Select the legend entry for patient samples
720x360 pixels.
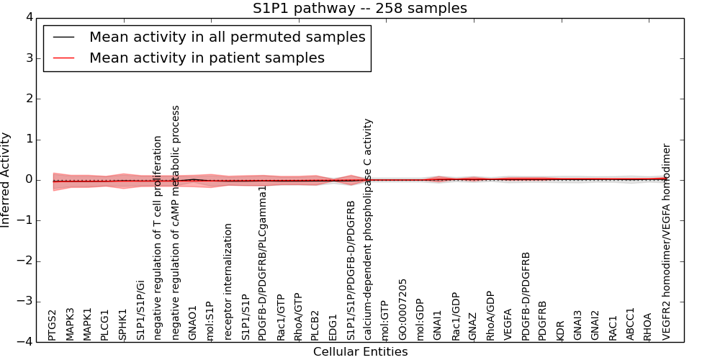207,58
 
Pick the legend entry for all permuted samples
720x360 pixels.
227,37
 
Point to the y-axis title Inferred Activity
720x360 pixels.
6,180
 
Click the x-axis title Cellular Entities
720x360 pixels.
360,352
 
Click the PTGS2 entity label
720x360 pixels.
53,325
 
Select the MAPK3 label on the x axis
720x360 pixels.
70,324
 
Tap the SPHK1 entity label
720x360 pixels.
122,325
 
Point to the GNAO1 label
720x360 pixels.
192,323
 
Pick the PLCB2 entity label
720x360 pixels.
315,325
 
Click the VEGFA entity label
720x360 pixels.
508,324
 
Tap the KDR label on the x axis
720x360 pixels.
561,330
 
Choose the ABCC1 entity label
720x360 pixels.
631,324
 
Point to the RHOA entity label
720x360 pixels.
648,326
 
